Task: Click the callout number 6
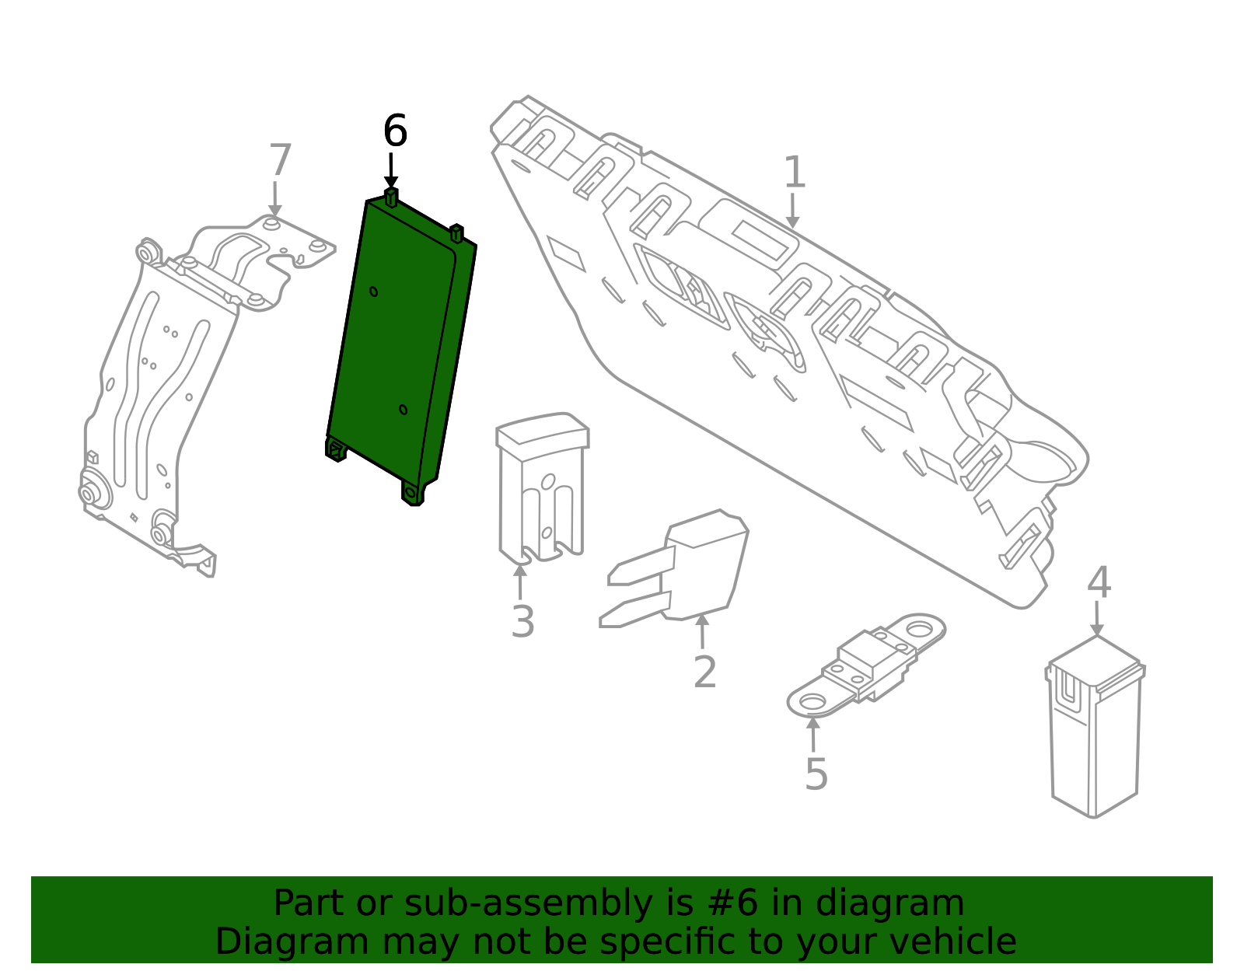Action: coord(395,131)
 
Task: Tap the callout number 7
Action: coord(280,161)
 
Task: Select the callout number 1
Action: coord(794,172)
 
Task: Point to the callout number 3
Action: coord(523,622)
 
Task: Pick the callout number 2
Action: coord(704,672)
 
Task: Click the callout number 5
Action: coord(816,774)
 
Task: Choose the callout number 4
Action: coord(1099,582)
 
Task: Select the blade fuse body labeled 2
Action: coord(704,564)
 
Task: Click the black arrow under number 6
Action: coord(391,171)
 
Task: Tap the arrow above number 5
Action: coord(813,735)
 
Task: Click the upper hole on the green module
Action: coord(374,292)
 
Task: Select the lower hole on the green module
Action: coord(403,410)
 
